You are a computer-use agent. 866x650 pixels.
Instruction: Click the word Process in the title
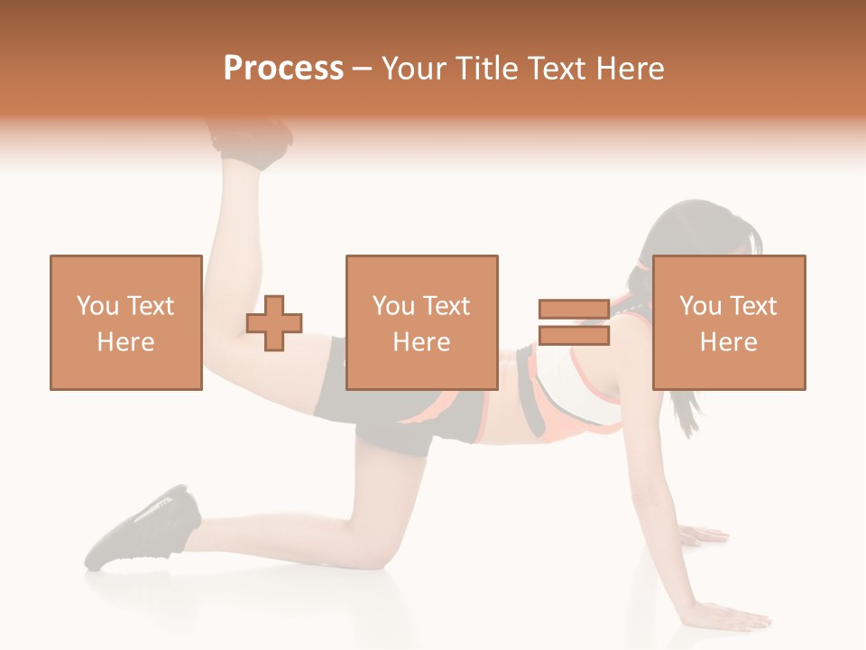(283, 69)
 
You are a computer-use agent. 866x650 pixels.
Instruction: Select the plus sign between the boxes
(274, 323)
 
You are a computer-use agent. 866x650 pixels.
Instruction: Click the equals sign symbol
(574, 323)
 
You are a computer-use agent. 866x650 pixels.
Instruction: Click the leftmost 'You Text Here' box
(125, 323)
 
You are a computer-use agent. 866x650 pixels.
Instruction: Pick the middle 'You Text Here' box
(421, 323)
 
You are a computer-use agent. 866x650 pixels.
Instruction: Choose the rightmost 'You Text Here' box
(728, 323)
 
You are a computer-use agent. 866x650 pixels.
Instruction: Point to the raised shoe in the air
(252, 140)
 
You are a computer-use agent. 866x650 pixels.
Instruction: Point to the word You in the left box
(97, 306)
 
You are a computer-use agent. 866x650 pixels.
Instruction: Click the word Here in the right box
(728, 342)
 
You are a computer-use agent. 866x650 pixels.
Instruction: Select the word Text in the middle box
(446, 306)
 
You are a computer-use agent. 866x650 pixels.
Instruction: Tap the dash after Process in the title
(362, 69)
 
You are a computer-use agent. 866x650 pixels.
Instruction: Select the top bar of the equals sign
(574, 310)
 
